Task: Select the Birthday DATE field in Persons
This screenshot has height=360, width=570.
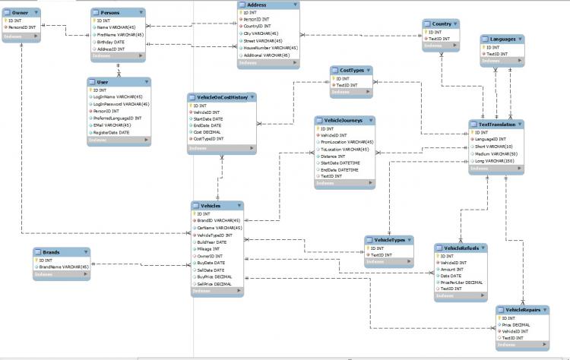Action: [111, 41]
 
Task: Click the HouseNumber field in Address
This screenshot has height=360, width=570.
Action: [270, 48]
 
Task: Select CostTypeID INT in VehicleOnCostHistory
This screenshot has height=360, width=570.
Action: [209, 139]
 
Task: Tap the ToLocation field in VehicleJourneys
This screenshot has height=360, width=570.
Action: [346, 149]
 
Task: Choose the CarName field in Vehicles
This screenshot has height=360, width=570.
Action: [219, 228]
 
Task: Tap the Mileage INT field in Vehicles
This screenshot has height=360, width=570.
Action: [207, 249]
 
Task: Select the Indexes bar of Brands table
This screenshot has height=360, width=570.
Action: [61, 275]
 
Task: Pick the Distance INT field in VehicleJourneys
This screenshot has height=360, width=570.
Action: [334, 156]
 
